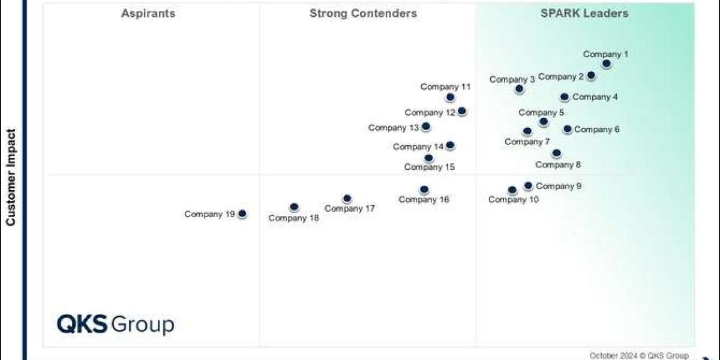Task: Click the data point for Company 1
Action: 607,64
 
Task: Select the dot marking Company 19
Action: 242,214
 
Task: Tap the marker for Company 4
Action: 565,97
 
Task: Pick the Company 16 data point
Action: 424,190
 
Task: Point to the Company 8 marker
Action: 557,154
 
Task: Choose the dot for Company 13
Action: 426,127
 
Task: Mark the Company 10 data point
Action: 512,190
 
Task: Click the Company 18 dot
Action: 294,207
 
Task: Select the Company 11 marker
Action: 451,97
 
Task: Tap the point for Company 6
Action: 568,129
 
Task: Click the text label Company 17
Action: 349,209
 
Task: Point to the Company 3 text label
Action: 512,79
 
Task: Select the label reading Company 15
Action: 429,167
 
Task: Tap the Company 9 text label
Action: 559,186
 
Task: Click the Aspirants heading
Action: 148,13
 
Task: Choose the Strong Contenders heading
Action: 363,13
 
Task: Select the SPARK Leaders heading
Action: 584,13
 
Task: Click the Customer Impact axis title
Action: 11,178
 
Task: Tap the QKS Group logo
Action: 115,325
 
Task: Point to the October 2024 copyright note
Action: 638,355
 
